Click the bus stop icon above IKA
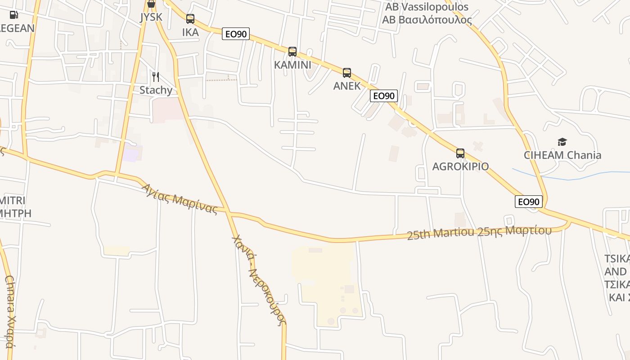point(190,19)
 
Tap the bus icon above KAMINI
point(292,52)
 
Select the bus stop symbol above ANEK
point(347,73)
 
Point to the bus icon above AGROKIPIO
point(460,153)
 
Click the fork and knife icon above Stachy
point(156,77)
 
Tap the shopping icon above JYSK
point(151,4)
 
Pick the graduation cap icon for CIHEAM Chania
point(562,143)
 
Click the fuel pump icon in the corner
point(13,15)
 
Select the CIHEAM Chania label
point(562,156)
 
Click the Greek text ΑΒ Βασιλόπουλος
point(427,20)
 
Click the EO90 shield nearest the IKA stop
point(236,34)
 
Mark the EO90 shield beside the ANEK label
point(384,96)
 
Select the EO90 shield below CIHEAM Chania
point(529,202)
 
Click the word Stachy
point(156,90)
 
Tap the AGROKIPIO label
point(460,166)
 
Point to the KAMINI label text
point(292,65)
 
